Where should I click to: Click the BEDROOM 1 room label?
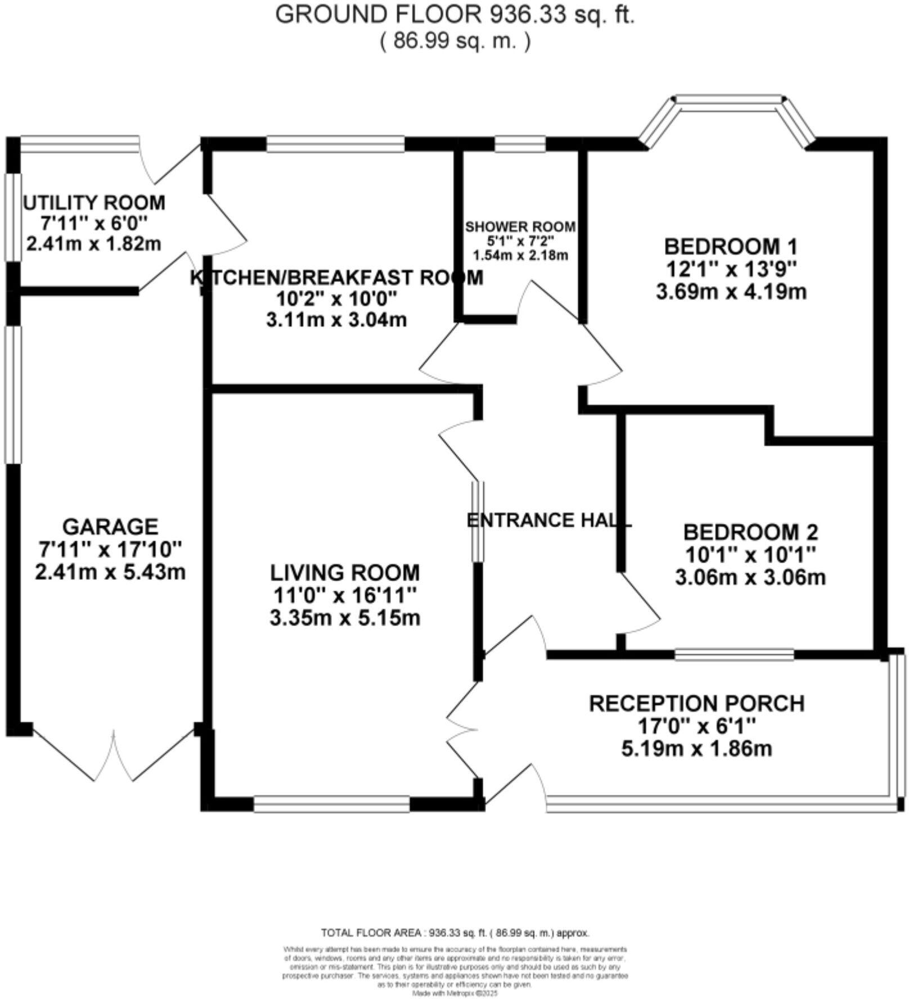(x=731, y=246)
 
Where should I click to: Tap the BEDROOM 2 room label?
(x=750, y=532)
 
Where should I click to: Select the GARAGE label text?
(x=110, y=526)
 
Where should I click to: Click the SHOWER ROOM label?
(x=520, y=227)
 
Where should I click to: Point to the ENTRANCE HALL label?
(x=549, y=520)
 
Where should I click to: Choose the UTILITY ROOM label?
(x=94, y=202)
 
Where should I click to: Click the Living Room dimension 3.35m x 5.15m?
(x=345, y=618)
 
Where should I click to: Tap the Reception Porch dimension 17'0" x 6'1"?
(x=696, y=726)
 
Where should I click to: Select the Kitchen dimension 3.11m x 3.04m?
(x=336, y=320)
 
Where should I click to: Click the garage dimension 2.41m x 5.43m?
(x=110, y=572)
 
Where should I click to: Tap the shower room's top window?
(x=520, y=145)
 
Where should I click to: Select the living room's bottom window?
(x=331, y=804)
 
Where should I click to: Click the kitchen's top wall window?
(x=335, y=145)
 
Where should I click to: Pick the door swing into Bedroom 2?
(x=641, y=605)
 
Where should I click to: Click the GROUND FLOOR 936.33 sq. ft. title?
(x=454, y=15)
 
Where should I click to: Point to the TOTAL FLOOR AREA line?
(x=454, y=933)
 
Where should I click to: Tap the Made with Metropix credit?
(x=455, y=993)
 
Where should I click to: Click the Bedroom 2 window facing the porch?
(x=734, y=654)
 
